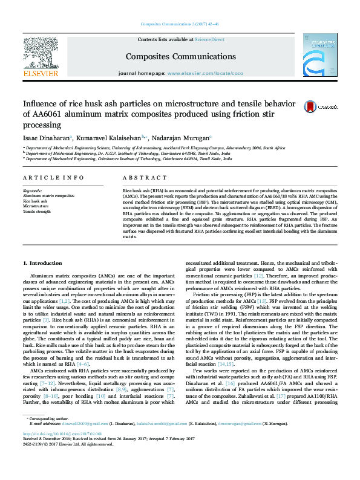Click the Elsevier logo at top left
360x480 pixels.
[x=39, y=58]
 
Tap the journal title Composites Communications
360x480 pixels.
[x=171, y=57]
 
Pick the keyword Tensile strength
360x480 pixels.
[x=37, y=211]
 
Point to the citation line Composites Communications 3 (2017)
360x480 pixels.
[x=180, y=24]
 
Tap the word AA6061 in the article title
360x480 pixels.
[x=51, y=114]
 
